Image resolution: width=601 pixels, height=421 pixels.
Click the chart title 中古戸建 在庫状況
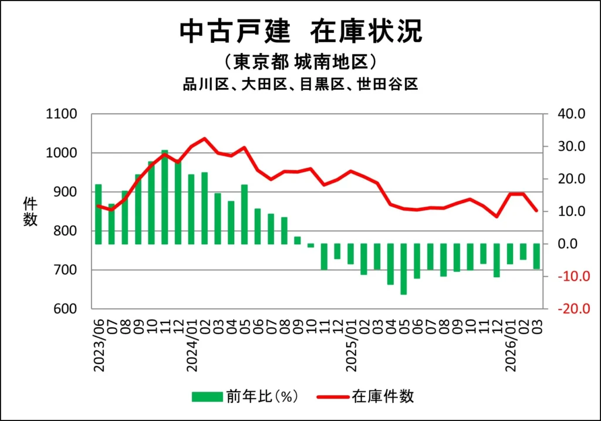coord(300,31)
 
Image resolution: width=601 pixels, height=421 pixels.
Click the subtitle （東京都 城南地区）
coord(300,62)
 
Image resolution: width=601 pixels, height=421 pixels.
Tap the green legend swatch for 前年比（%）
coord(207,396)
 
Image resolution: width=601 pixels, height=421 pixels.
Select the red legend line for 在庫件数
coord(333,396)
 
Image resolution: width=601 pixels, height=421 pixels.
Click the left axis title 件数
coord(31,211)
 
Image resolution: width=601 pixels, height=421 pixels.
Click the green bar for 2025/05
coord(404,269)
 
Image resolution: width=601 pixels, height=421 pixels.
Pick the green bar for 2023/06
coord(99,214)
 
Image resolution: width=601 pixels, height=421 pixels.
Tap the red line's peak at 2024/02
coord(204,139)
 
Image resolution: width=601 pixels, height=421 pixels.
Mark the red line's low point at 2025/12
coord(497,216)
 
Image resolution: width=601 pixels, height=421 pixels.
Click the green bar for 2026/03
coord(536,256)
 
